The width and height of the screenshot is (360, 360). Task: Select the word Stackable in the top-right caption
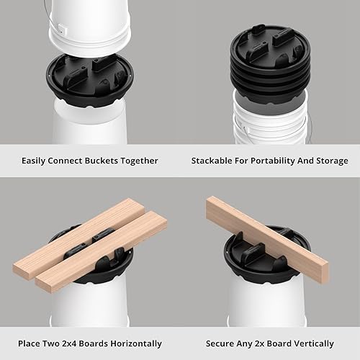pyautogui.click(x=214, y=161)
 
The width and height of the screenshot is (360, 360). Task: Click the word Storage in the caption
pyautogui.click(x=330, y=161)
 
